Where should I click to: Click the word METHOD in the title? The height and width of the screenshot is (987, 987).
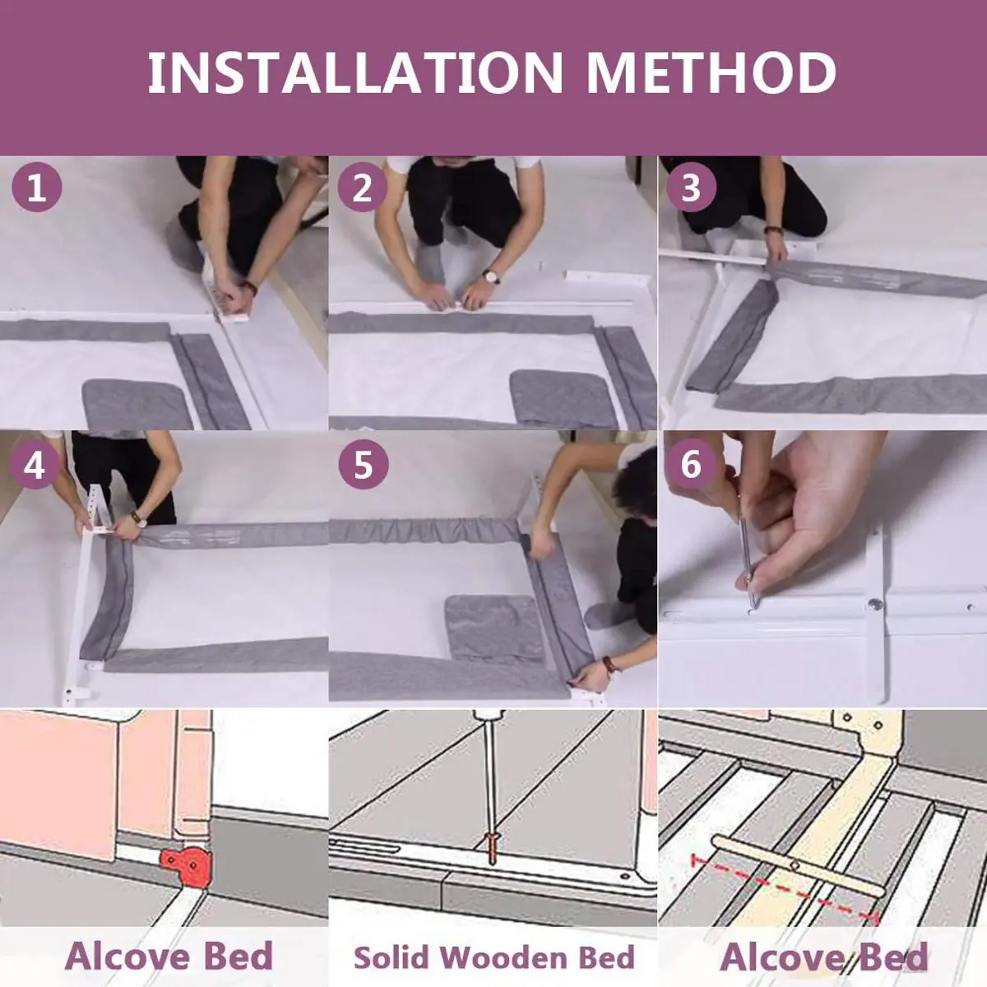click(x=711, y=72)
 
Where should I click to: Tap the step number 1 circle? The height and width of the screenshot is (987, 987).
click(x=36, y=188)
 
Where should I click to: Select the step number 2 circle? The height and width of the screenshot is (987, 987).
click(x=362, y=188)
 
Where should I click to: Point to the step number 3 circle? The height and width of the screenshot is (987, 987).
click(x=691, y=188)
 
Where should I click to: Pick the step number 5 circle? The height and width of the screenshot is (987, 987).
click(x=364, y=465)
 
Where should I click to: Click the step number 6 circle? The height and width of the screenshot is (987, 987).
click(x=690, y=465)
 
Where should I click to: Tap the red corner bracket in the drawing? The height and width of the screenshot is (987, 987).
click(x=186, y=865)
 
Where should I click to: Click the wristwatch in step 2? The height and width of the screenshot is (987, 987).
click(x=491, y=277)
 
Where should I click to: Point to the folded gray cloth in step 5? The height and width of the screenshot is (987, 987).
click(x=495, y=629)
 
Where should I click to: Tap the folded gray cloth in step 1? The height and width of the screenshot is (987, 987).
click(x=137, y=404)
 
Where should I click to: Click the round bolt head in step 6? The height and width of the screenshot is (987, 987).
click(x=875, y=605)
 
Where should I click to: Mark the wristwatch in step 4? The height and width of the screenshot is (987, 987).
click(x=138, y=518)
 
